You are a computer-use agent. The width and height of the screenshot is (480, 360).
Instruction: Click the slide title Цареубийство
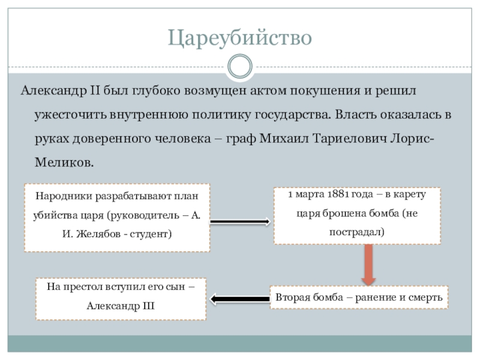(240, 38)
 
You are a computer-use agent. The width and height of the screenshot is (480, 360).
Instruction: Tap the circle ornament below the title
(240, 66)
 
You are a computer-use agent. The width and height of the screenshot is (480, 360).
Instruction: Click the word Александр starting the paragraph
(53, 92)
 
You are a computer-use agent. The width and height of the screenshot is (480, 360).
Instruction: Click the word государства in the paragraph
(295, 115)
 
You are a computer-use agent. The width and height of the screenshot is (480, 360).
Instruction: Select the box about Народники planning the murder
(117, 217)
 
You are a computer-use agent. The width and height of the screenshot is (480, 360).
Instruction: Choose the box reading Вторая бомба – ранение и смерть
(359, 298)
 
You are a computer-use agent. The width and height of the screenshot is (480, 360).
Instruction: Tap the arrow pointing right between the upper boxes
(240, 222)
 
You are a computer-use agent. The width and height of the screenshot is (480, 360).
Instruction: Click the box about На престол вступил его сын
(121, 295)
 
